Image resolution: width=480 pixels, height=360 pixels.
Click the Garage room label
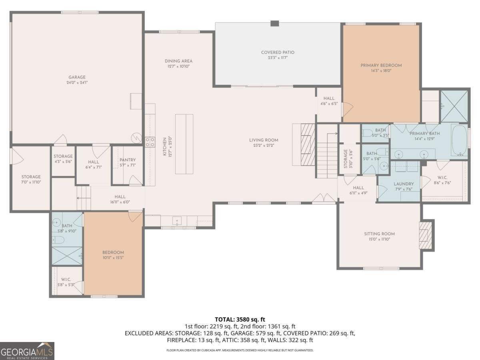click(x=77, y=77)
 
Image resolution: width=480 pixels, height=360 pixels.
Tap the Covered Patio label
click(x=278, y=52)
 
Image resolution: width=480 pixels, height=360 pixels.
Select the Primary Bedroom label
click(x=381, y=65)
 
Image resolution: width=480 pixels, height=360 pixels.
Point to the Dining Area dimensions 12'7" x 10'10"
click(x=178, y=66)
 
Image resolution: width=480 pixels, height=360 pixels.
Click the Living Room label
click(x=263, y=140)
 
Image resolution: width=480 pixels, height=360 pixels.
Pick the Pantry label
click(x=128, y=160)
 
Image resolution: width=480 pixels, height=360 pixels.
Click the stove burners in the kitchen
click(x=150, y=142)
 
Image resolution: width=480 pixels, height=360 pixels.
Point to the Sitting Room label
click(x=379, y=234)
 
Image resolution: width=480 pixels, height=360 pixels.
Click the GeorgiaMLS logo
click(x=27, y=351)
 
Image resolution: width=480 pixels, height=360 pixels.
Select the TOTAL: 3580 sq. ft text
click(x=240, y=319)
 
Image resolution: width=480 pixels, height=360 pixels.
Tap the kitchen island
click(x=184, y=144)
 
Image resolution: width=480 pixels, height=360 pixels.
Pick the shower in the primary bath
click(x=454, y=106)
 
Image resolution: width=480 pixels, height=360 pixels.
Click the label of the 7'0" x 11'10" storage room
click(x=31, y=177)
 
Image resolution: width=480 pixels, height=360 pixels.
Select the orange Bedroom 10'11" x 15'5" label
click(x=113, y=252)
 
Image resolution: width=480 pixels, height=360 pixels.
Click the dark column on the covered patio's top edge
click(x=274, y=23)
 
